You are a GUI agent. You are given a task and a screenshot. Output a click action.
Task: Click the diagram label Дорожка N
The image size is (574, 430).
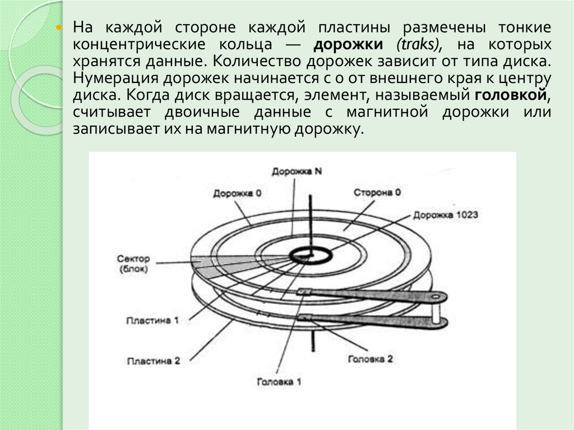tap(297, 172)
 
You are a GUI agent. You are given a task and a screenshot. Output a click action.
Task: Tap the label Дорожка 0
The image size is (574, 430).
tap(237, 193)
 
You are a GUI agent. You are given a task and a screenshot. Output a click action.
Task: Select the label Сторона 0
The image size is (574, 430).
tap(377, 192)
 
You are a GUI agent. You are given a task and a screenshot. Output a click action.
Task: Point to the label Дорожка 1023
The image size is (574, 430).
tap(446, 214)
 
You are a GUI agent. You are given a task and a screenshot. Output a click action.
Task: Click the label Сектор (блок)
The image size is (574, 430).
tap(133, 263)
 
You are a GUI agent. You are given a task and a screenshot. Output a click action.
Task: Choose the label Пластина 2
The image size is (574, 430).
tap(153, 361)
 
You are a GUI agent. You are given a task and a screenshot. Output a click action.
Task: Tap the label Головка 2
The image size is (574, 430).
tap(371, 358)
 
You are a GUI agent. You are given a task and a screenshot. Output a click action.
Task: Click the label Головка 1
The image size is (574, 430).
tap(279, 382)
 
